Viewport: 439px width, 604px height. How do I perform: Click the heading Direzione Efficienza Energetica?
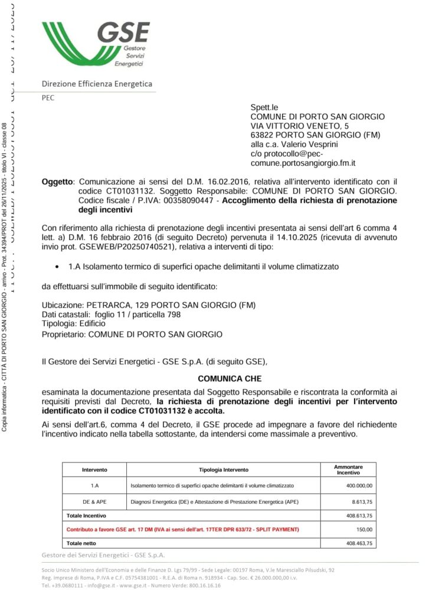click(97, 84)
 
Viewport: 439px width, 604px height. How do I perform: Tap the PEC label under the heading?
click(48, 98)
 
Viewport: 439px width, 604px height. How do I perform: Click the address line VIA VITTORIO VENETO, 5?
click(299, 126)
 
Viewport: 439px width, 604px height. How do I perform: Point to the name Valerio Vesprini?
click(304, 144)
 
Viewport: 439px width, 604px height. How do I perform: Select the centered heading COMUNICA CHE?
click(230, 379)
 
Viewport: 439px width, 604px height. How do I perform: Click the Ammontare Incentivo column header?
click(348, 470)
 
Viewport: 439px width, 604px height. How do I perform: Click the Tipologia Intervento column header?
click(224, 470)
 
